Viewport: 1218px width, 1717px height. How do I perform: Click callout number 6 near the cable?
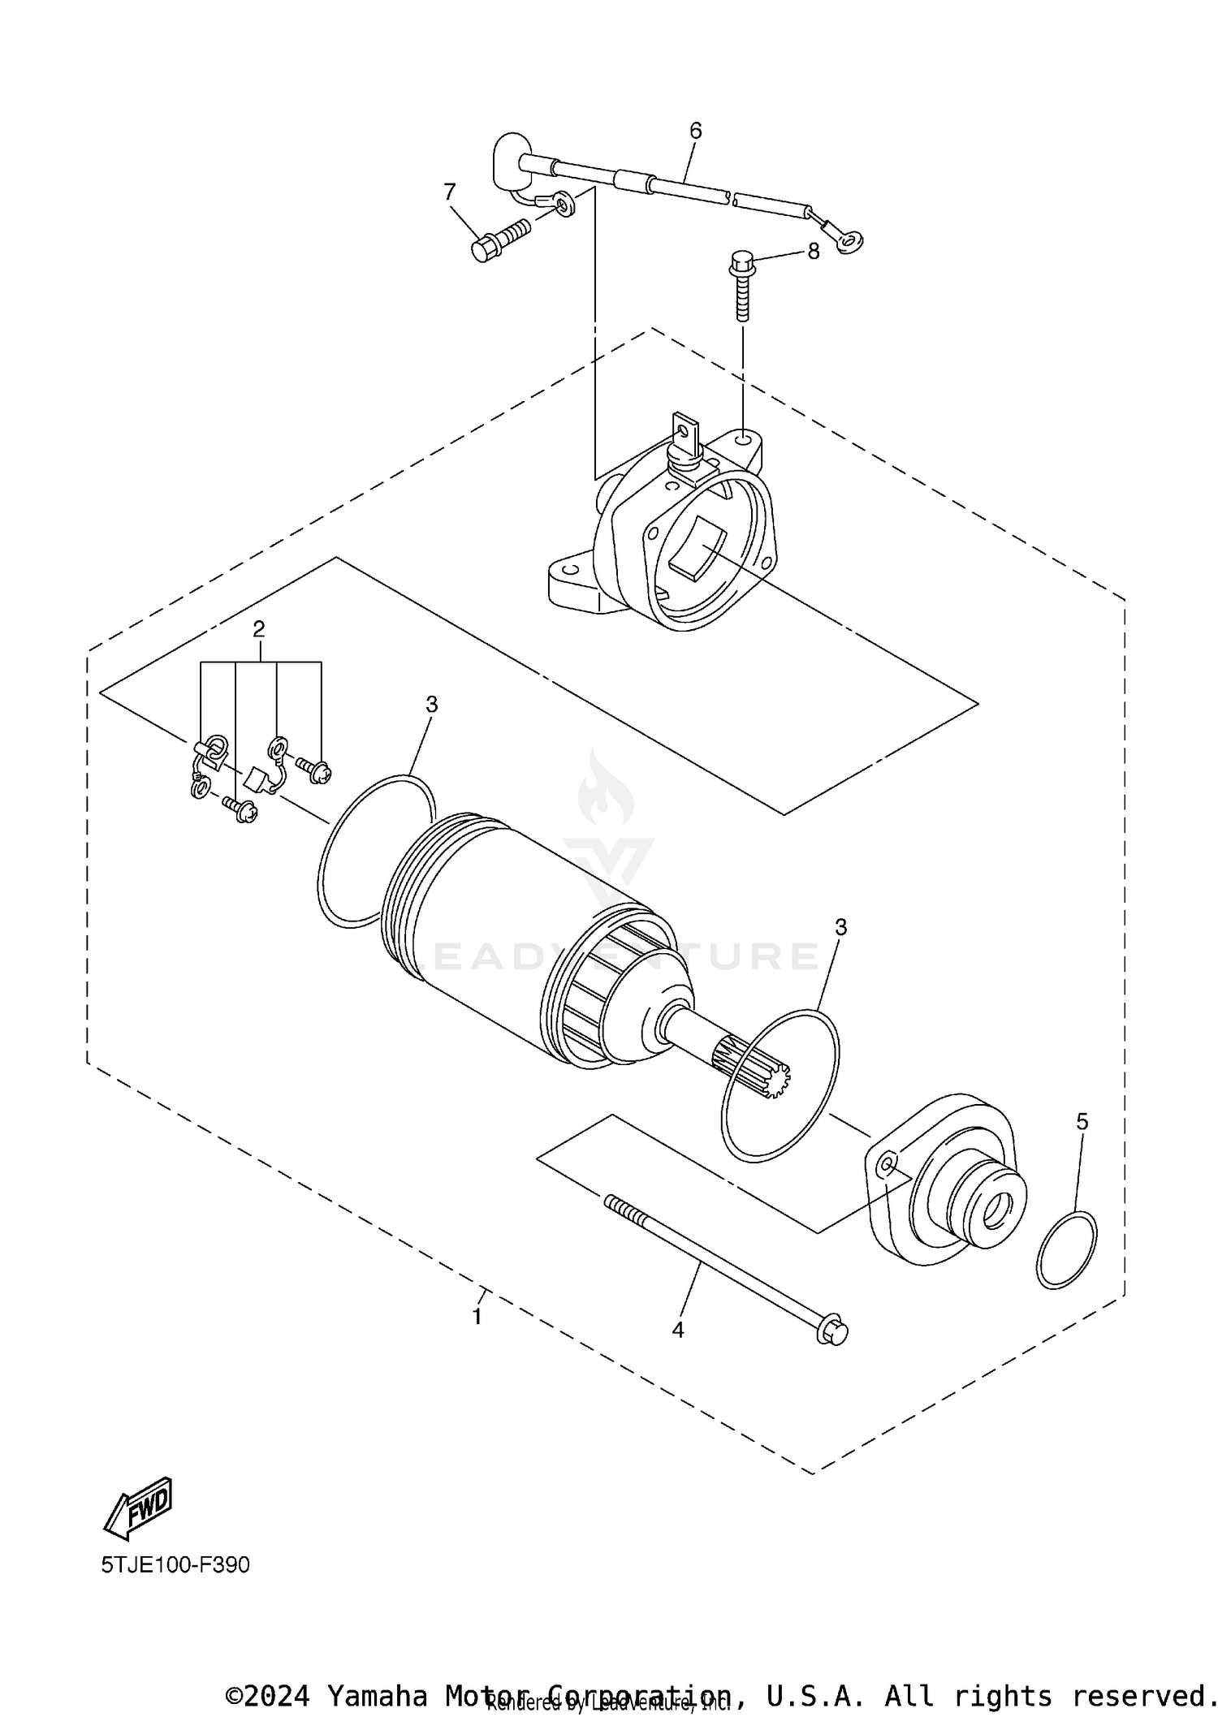point(695,131)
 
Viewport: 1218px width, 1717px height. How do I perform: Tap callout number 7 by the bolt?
point(449,192)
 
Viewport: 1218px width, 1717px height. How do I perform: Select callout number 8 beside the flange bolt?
point(813,252)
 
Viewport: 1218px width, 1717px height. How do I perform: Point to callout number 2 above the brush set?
point(258,628)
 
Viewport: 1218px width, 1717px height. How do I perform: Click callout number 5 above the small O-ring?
point(1082,1121)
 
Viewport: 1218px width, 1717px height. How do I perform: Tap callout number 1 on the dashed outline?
point(477,1317)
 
